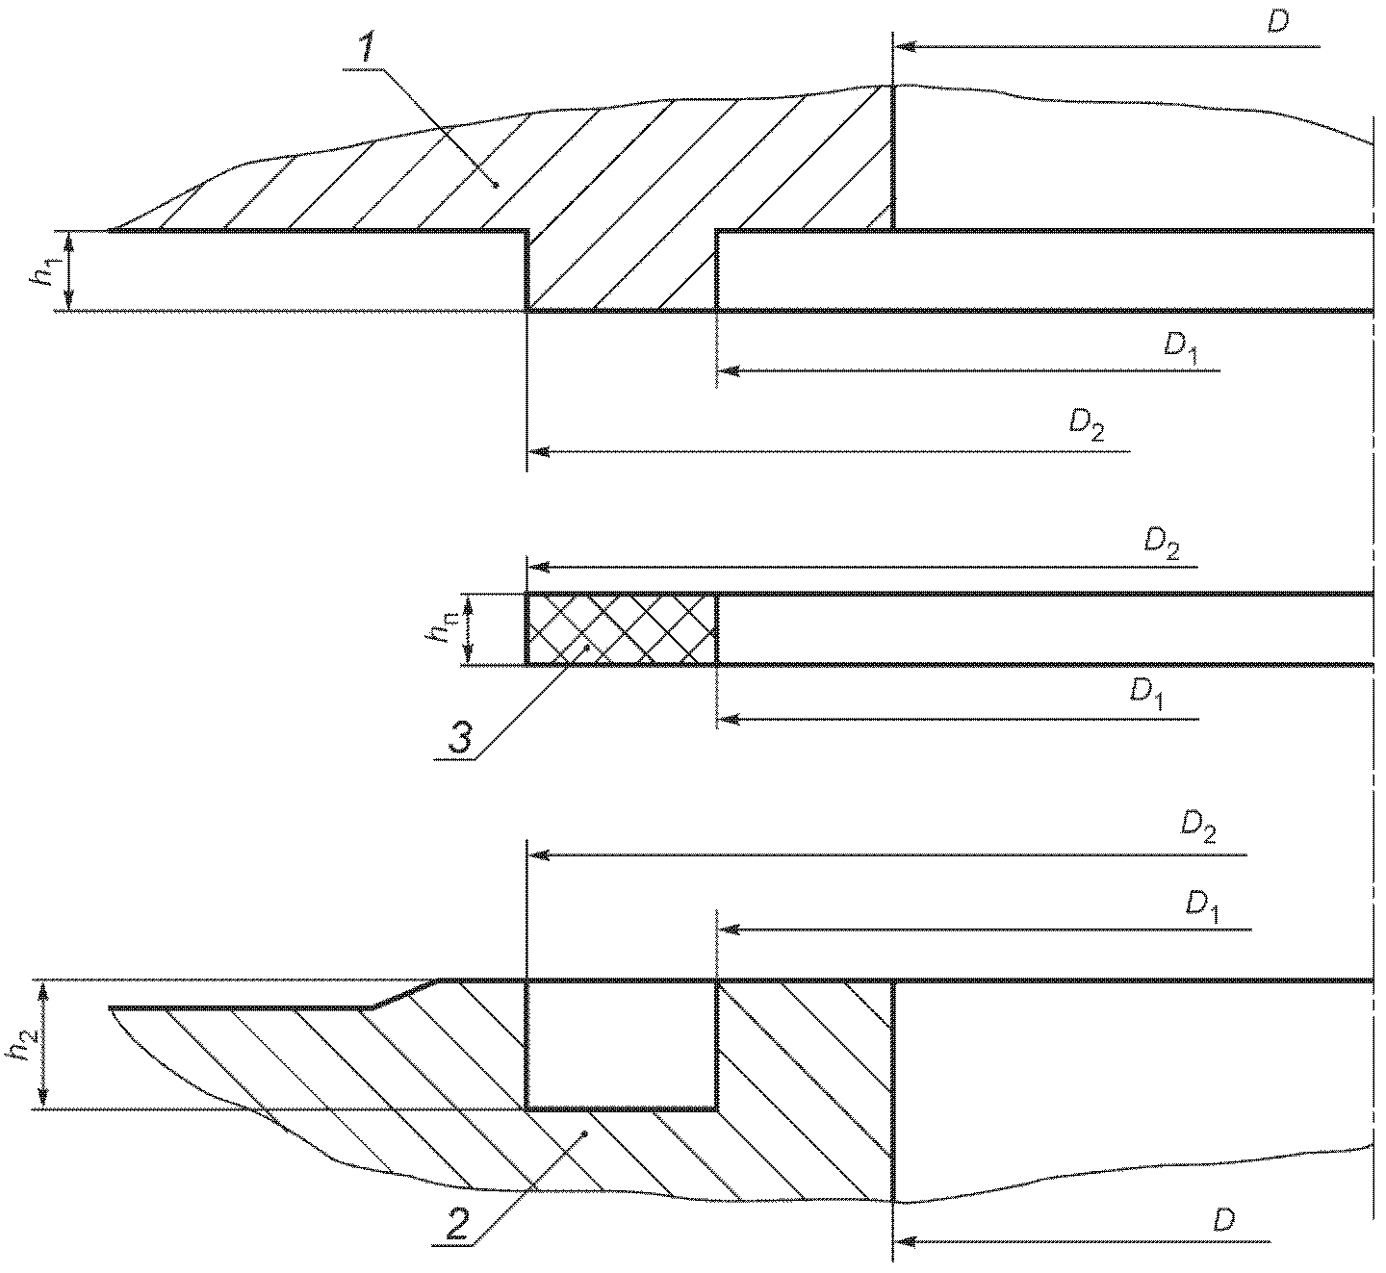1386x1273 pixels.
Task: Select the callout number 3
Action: click(459, 738)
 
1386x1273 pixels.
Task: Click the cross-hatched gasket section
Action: click(621, 628)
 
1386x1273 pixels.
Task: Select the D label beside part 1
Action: click(1278, 22)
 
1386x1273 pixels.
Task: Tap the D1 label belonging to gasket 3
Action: click(1146, 694)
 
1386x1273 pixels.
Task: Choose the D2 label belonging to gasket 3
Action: click(1162, 543)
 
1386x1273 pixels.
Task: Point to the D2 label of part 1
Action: click(1086, 425)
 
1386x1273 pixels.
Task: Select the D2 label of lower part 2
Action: click(1198, 827)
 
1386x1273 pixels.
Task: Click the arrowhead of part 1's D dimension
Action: click(905, 47)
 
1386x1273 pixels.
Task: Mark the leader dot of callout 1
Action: click(496, 185)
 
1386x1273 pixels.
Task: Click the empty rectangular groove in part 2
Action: click(621, 1045)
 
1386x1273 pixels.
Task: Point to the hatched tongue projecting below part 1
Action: click(621, 270)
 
